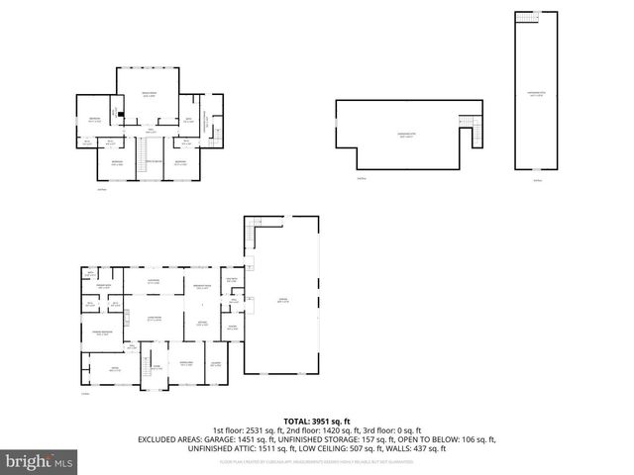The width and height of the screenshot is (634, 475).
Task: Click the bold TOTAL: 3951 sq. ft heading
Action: pyautogui.click(x=316, y=422)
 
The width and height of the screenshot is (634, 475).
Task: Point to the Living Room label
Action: pyautogui.click(x=154, y=319)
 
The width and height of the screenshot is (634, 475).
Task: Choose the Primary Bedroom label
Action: pyautogui.click(x=99, y=332)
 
